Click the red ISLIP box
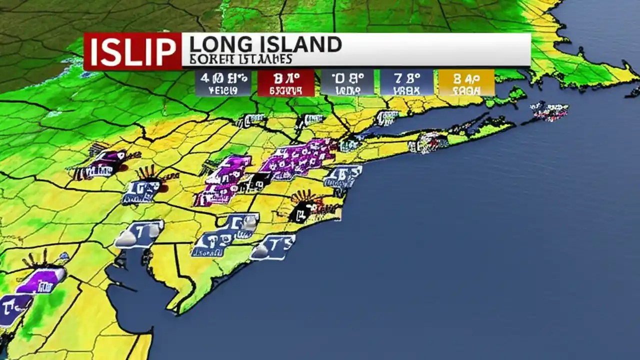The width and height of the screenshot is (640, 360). [132, 51]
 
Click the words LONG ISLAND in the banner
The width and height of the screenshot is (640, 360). [265, 45]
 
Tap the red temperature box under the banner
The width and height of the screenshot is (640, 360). [286, 83]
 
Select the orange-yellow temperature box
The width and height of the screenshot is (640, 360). [466, 83]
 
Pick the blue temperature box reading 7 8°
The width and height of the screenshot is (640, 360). [406, 83]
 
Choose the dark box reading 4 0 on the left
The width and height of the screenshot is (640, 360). [223, 83]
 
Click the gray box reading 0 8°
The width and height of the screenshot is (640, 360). [347, 83]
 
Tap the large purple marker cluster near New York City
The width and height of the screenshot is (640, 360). [297, 159]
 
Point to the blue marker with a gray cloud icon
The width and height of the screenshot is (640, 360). [139, 234]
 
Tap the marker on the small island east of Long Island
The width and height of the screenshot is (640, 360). [550, 111]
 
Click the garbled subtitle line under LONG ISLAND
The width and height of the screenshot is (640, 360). [240, 59]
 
